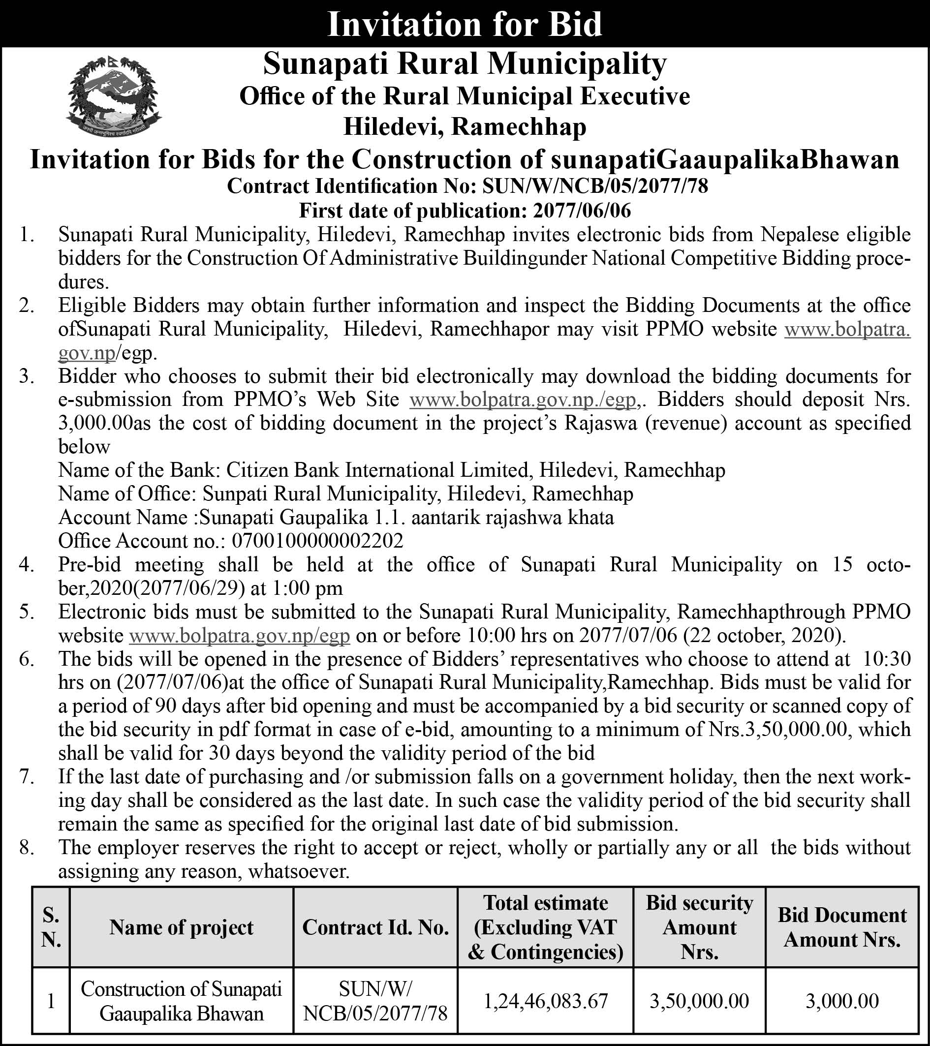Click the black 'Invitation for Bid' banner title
tap(464, 24)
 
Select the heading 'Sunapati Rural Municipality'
tap(464, 64)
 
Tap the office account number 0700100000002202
tap(317, 541)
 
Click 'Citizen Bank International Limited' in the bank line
tap(377, 470)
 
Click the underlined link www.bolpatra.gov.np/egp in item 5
tap(240, 636)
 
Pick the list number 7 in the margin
tap(27, 777)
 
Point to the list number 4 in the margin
tap(27, 564)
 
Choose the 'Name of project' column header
tap(181, 927)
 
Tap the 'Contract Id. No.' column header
tap(375, 927)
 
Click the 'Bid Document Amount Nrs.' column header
tap(842, 927)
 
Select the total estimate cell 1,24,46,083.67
tap(546, 1001)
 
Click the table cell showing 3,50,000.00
tap(699, 1001)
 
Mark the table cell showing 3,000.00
tap(842, 1001)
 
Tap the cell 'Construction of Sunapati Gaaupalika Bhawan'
tap(181, 1001)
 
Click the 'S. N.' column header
tap(51, 927)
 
